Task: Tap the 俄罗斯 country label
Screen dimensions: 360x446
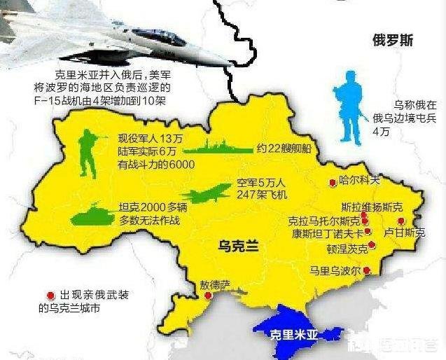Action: (x=393, y=41)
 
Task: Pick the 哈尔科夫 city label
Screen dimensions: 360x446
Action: (x=360, y=181)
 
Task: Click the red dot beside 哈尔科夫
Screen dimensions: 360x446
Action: (x=332, y=183)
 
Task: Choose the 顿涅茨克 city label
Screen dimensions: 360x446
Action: (x=342, y=248)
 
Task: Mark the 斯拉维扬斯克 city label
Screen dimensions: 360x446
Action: (x=372, y=207)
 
